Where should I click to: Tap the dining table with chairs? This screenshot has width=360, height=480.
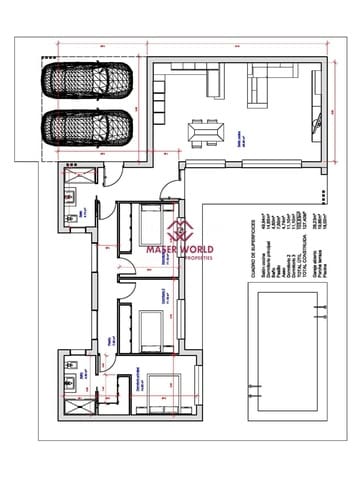[x=207, y=132]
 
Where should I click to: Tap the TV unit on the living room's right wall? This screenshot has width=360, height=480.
[x=318, y=130]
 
